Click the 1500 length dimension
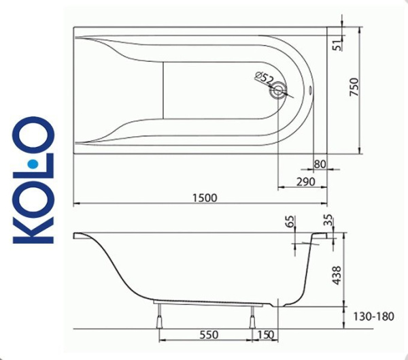click(x=204, y=197)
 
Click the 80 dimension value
click(x=320, y=165)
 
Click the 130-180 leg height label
click(x=373, y=316)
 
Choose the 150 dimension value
click(x=267, y=336)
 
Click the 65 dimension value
click(x=292, y=220)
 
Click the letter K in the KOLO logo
click(x=33, y=228)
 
